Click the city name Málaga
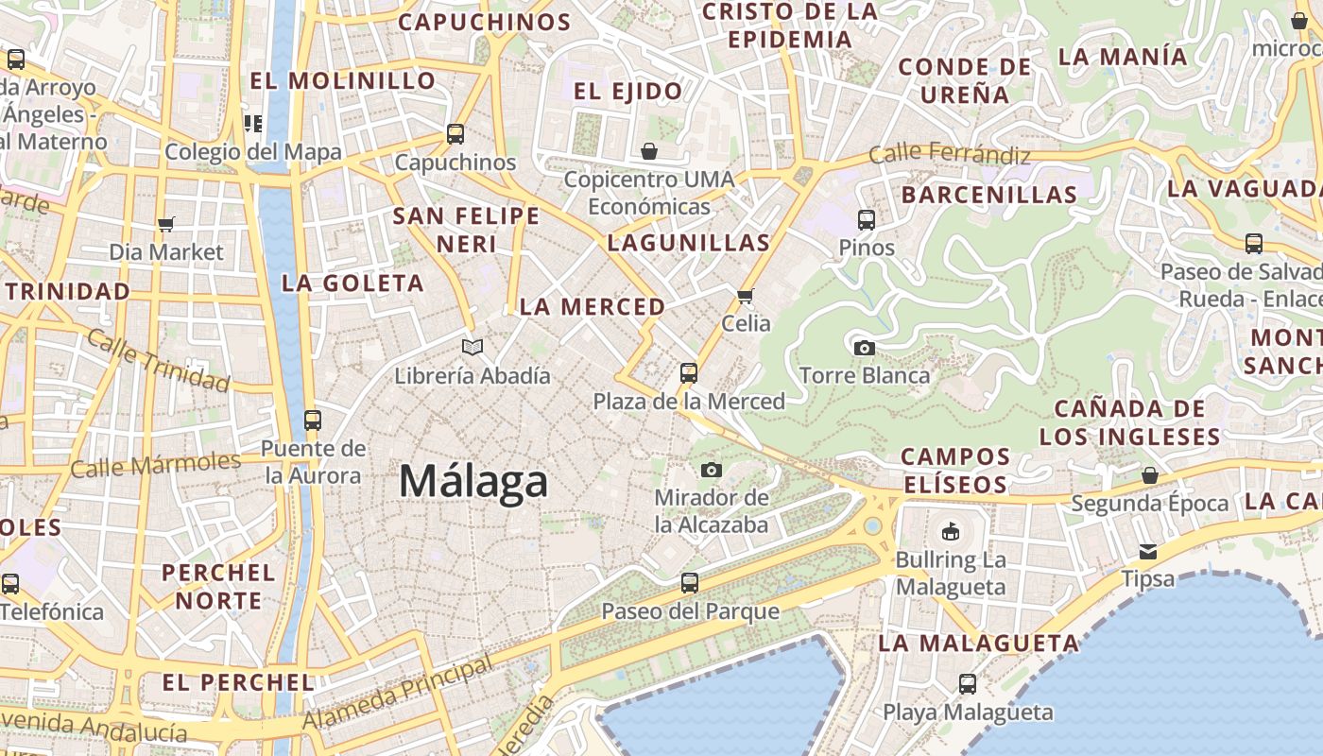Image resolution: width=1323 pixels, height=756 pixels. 472,481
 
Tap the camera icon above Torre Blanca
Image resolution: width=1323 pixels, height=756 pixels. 864,348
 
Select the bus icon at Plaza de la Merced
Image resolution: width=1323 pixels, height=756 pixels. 689,373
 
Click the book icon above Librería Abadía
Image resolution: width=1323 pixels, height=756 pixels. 472,348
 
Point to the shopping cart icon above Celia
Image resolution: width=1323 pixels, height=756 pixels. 746,296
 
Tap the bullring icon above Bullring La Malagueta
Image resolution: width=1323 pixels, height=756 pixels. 951,532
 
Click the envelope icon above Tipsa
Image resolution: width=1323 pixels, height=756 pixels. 1148,551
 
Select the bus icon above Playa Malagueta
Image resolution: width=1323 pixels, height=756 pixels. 967,683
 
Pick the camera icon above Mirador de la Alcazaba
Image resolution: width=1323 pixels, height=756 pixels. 712,470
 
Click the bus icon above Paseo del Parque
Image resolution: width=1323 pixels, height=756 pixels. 690,583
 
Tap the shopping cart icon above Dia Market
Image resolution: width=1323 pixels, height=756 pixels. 166,225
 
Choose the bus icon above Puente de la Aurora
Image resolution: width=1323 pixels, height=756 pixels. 312,420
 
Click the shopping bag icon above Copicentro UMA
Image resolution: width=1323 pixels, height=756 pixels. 649,151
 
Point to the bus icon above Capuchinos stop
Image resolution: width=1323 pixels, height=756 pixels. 455,134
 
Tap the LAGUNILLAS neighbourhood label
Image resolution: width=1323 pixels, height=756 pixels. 689,243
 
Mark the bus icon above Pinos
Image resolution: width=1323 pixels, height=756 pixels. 867,220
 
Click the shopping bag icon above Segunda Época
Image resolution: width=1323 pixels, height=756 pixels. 1150,474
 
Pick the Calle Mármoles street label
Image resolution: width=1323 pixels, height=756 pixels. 156,465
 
